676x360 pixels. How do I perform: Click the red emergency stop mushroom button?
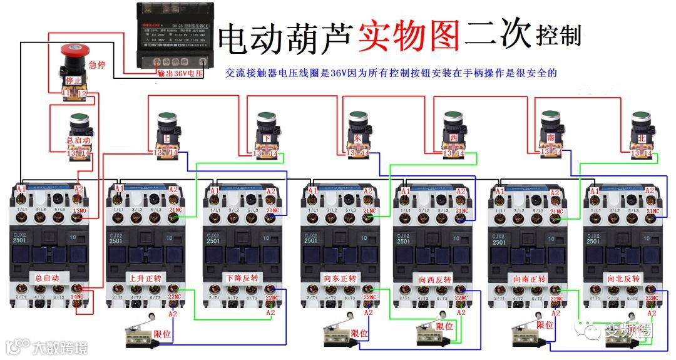(73, 53)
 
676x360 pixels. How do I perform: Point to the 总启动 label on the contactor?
(48, 276)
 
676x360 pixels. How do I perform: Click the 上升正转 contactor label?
(145, 277)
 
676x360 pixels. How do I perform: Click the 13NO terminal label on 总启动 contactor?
(80, 210)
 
